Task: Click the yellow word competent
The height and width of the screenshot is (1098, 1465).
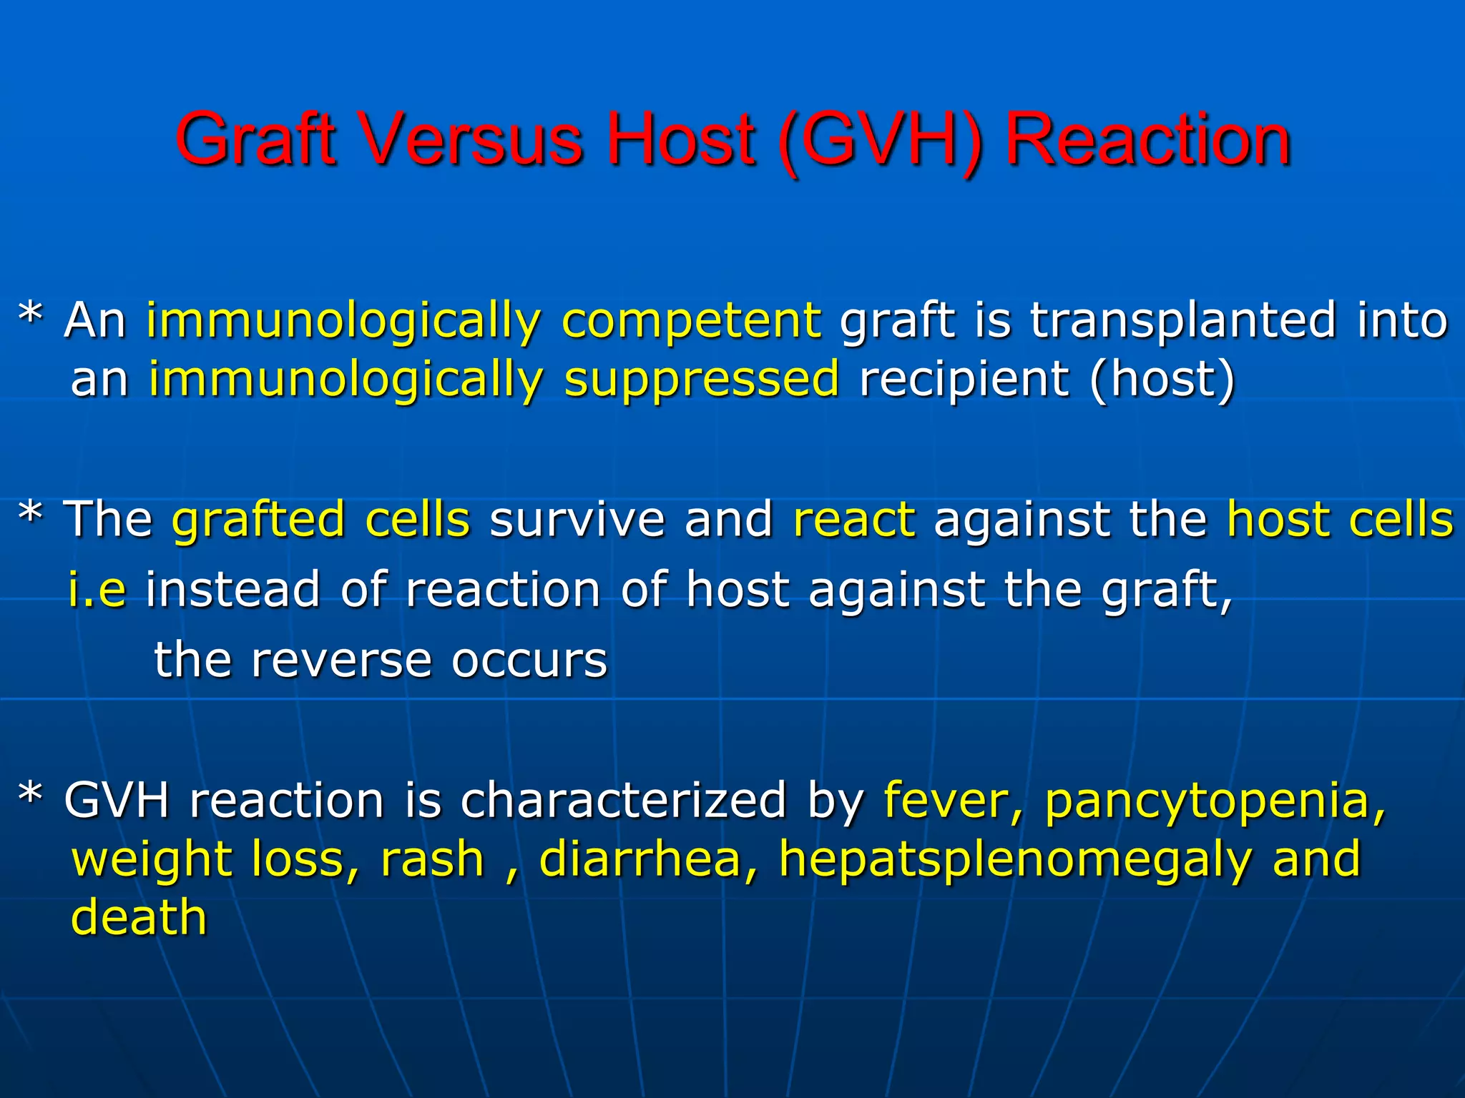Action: coord(691,322)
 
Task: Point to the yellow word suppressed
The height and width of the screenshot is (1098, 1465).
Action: coord(701,380)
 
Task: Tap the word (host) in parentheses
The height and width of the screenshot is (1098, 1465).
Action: coord(1162,379)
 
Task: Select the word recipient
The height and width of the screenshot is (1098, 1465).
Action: coord(963,380)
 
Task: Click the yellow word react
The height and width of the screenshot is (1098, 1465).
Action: coord(854,520)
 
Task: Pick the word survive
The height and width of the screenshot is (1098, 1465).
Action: coord(577,520)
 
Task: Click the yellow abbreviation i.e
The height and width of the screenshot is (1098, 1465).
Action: coord(97,590)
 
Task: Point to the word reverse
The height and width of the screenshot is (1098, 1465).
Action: coord(341,660)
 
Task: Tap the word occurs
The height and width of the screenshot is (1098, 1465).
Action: coord(529,661)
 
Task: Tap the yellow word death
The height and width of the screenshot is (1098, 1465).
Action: coord(139,917)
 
